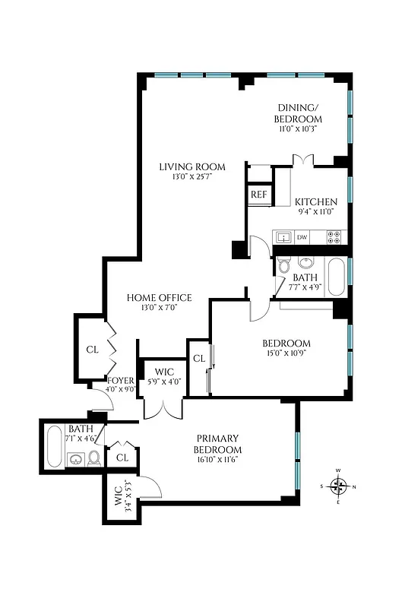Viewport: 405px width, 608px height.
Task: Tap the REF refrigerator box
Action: pos(259,195)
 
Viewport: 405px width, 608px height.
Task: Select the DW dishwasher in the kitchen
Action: pos(302,237)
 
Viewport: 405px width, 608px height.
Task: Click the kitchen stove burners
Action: pos(334,237)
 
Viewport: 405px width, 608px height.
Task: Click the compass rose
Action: pos(340,486)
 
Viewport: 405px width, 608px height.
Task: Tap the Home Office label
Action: pos(159,297)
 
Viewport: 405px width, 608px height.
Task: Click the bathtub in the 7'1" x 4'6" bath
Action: pos(54,449)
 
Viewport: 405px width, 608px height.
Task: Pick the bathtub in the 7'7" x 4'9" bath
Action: pos(335,277)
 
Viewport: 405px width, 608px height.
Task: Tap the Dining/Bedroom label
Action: pos(299,113)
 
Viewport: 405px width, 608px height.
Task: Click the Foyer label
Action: pos(122,380)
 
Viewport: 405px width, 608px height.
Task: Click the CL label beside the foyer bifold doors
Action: pos(92,350)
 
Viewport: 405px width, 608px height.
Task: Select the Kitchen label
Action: pos(316,201)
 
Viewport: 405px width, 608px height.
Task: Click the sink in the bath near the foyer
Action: pos(76,459)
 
